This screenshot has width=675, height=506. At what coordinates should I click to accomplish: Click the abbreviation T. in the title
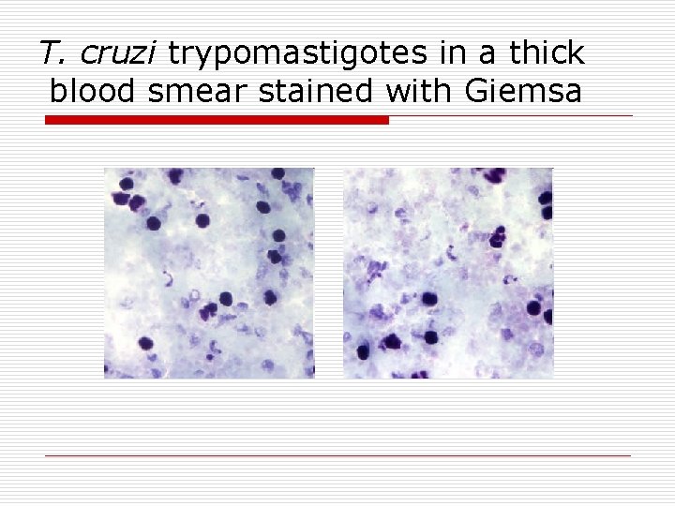[x=52, y=52]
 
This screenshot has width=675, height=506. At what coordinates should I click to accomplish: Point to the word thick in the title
[x=547, y=52]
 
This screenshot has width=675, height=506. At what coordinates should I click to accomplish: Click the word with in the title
[x=399, y=92]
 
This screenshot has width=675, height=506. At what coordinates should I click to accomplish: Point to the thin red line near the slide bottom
[x=337, y=455]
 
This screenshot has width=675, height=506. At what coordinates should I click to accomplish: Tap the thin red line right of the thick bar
[x=511, y=116]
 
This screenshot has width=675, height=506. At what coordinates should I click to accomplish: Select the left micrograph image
[x=208, y=273]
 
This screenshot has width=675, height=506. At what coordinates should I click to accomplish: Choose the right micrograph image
[x=448, y=273]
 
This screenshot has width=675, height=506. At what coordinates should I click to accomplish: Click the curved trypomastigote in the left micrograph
[x=169, y=278]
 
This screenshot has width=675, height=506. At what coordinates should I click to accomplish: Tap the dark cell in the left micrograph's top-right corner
[x=277, y=174]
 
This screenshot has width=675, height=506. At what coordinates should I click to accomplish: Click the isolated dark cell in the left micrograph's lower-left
[x=146, y=343]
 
